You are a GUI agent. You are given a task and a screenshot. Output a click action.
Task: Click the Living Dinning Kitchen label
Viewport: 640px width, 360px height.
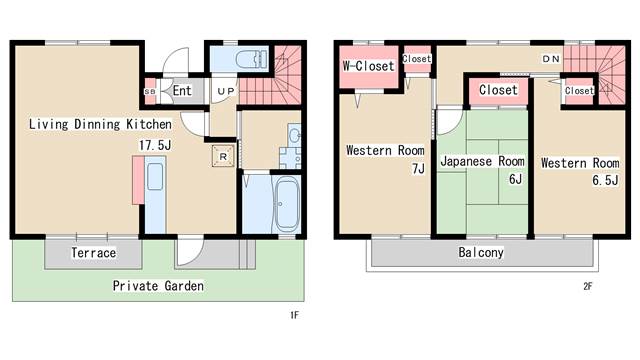(100, 124)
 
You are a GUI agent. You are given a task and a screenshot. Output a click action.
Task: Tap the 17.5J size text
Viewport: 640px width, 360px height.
(155, 145)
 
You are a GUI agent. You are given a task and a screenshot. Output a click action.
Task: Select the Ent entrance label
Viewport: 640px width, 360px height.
(182, 90)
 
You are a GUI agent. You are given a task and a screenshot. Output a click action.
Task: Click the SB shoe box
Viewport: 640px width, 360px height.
(150, 92)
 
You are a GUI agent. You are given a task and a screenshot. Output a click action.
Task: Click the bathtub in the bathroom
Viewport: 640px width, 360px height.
(287, 204)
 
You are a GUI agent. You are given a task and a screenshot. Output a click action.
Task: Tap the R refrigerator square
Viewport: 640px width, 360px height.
(223, 156)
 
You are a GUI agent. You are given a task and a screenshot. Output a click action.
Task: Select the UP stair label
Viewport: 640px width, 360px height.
(226, 91)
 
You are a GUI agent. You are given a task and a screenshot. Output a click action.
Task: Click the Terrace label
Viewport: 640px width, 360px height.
(93, 253)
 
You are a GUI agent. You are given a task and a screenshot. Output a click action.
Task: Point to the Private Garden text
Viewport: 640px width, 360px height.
(158, 286)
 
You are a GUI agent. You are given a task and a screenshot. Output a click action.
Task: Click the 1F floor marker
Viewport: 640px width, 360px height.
(294, 315)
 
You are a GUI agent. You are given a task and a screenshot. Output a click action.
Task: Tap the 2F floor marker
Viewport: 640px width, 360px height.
(587, 287)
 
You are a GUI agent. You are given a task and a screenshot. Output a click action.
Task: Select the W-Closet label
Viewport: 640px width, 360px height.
(369, 66)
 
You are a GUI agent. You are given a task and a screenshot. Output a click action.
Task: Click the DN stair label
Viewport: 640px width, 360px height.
(551, 59)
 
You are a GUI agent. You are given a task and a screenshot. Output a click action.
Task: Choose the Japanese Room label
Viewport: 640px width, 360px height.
(482, 161)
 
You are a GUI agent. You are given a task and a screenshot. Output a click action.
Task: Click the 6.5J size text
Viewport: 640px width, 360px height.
(605, 180)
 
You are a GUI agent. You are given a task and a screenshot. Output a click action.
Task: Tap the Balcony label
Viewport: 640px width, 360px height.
(481, 252)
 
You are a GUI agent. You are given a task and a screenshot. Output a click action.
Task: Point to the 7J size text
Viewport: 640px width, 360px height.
(418, 168)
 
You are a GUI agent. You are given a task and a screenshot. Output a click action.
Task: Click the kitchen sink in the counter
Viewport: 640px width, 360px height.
(155, 176)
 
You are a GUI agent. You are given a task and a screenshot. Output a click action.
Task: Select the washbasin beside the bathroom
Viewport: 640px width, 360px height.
(295, 135)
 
